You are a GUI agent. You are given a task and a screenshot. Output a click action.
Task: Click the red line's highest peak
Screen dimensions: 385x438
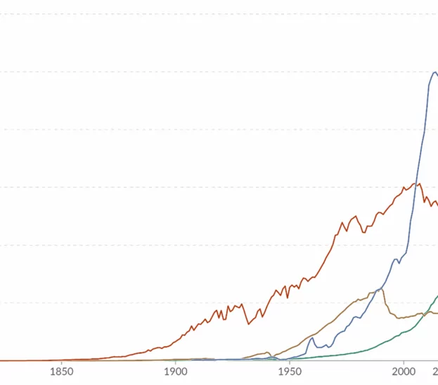(x=420, y=184)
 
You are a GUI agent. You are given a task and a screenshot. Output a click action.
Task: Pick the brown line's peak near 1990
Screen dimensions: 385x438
(x=382, y=289)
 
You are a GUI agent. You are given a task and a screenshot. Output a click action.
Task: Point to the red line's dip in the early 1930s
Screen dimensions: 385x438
(x=248, y=324)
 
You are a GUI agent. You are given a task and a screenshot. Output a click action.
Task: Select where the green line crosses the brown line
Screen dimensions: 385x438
(x=428, y=312)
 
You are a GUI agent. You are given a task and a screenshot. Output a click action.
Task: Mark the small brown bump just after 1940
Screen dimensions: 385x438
(x=267, y=352)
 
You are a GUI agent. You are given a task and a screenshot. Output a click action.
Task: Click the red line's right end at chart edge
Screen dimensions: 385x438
(x=437, y=204)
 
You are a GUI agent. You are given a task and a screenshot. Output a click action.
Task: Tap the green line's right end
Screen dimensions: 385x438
(x=437, y=296)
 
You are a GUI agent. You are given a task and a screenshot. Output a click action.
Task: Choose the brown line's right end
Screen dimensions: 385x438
(x=437, y=313)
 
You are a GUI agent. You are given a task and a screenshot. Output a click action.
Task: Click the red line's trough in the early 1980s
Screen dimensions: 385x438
(x=363, y=232)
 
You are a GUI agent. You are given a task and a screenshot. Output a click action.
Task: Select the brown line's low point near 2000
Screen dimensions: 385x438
(x=399, y=318)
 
